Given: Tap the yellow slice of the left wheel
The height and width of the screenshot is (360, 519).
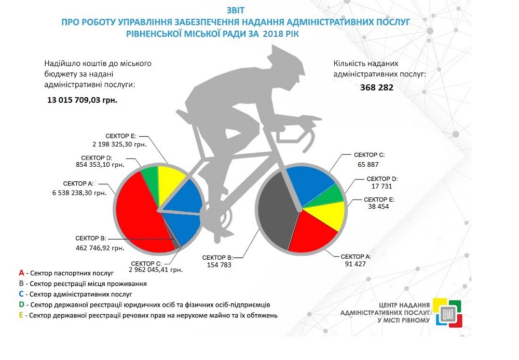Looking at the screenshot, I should click(171, 180).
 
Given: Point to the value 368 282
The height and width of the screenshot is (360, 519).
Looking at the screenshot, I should click(377, 88).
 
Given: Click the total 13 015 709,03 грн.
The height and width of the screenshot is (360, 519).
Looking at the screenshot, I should click(83, 99).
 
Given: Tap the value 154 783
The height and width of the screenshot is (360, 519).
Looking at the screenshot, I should click(216, 264).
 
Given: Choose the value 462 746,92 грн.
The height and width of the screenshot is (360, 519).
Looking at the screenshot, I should click(100, 248).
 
